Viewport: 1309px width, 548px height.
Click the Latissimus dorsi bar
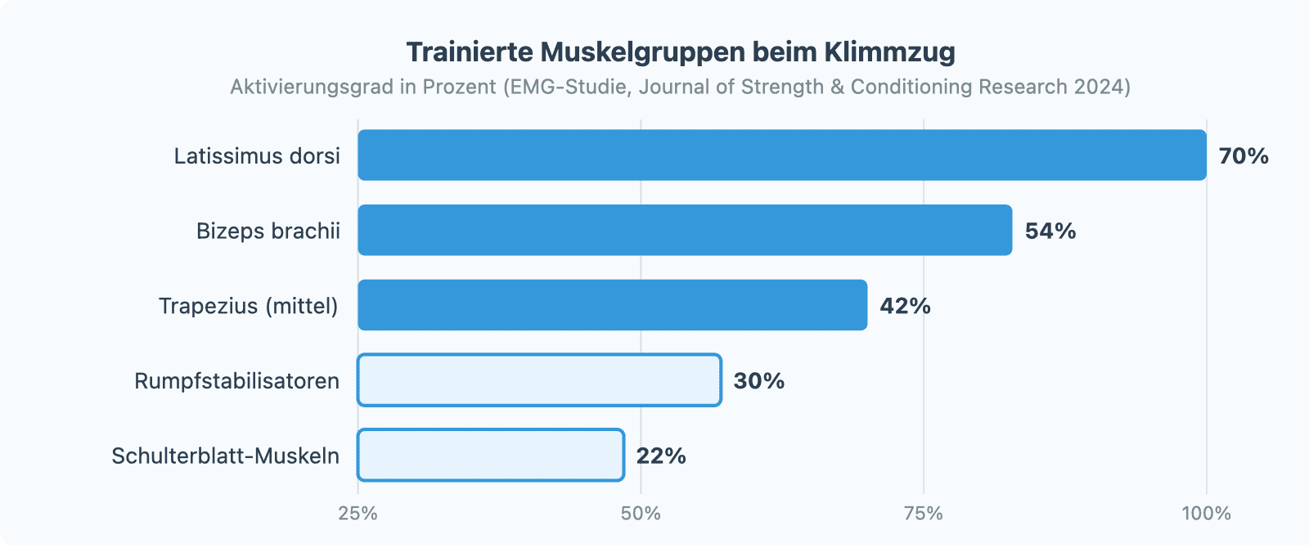click(x=781, y=155)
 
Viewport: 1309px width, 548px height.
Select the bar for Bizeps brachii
click(x=685, y=230)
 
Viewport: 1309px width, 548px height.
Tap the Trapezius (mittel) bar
click(x=612, y=305)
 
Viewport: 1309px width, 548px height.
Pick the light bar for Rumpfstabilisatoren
click(x=539, y=380)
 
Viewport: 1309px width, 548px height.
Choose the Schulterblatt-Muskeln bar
click(x=491, y=455)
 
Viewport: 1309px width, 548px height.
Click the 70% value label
click(x=1244, y=155)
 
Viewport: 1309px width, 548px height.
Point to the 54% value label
click(x=1050, y=231)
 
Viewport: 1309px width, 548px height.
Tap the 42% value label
click(x=905, y=306)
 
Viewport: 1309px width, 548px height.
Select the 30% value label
click(x=759, y=381)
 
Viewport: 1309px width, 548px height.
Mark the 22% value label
click(x=661, y=456)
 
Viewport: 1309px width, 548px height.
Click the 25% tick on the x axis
click(x=358, y=514)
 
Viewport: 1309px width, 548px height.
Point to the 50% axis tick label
click(x=641, y=514)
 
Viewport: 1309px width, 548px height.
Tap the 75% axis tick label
click(x=924, y=514)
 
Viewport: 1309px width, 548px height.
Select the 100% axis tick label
click(x=1206, y=514)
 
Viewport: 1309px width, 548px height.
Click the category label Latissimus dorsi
click(x=257, y=155)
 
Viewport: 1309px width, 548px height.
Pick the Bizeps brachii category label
click(x=268, y=231)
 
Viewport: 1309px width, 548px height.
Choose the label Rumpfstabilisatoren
click(x=236, y=381)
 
